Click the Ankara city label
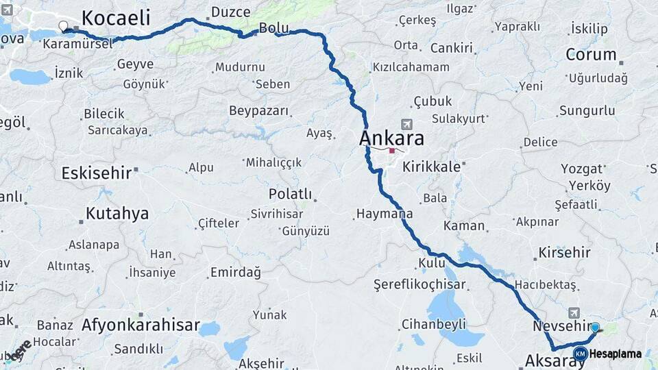[x=391, y=138]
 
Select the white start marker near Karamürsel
[x=64, y=27]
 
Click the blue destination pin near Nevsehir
[x=595, y=328]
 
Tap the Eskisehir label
[x=96, y=173]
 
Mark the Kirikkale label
[x=431, y=166]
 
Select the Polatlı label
[x=290, y=194]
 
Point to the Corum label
[x=592, y=55]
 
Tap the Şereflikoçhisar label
[x=419, y=284]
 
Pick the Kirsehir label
[x=564, y=253]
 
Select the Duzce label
[x=231, y=12]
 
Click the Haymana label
[x=384, y=214]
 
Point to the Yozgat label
[x=582, y=169]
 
